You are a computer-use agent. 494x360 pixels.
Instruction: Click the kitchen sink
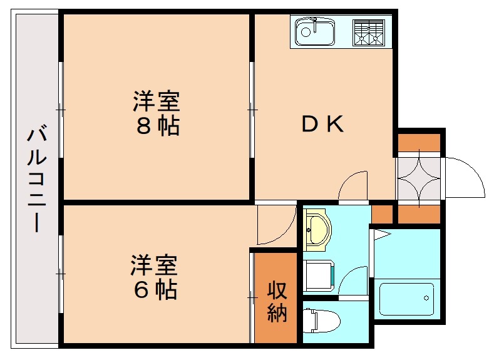[x=314, y=31]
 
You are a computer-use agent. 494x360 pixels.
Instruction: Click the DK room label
[x=322, y=125]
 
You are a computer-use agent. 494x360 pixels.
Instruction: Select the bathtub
[x=406, y=299]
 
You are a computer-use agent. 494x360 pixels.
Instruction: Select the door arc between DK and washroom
[x=351, y=184]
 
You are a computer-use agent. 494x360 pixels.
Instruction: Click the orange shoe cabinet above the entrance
[x=419, y=143]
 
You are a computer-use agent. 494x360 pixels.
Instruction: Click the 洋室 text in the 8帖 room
[x=157, y=100]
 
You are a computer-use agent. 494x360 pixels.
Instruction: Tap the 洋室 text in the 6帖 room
[x=154, y=265]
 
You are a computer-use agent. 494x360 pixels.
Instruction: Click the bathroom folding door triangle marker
[x=381, y=235]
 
